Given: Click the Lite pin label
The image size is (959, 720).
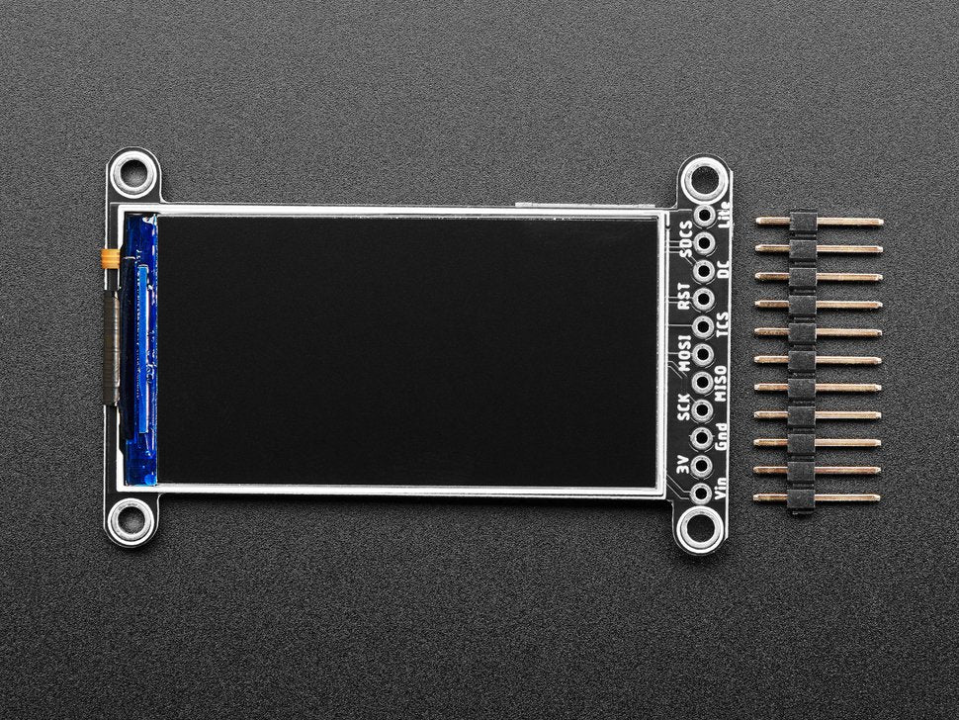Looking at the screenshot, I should (x=732, y=213).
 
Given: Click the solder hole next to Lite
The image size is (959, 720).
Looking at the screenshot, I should (x=705, y=214).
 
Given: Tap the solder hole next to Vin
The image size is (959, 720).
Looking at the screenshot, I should (x=701, y=492).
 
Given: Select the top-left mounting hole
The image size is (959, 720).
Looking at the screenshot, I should (x=132, y=175).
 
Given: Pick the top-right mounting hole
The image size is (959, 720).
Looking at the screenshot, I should (x=704, y=180).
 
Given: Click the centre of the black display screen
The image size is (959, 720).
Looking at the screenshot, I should (x=407, y=351).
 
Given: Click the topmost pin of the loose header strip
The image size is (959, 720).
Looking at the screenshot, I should (x=819, y=222).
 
